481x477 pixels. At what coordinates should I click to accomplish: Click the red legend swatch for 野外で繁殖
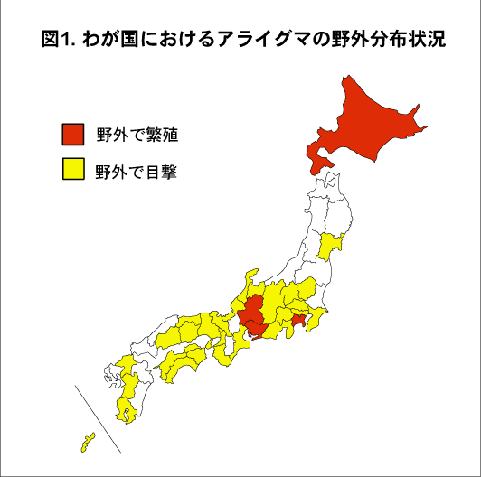(72, 135)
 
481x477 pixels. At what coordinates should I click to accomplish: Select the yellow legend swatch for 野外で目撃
(72, 169)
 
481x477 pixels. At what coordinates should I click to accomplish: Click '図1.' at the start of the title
(59, 41)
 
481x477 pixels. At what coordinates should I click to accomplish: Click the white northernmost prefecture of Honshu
(326, 184)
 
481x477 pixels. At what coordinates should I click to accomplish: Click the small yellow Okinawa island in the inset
(88, 442)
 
